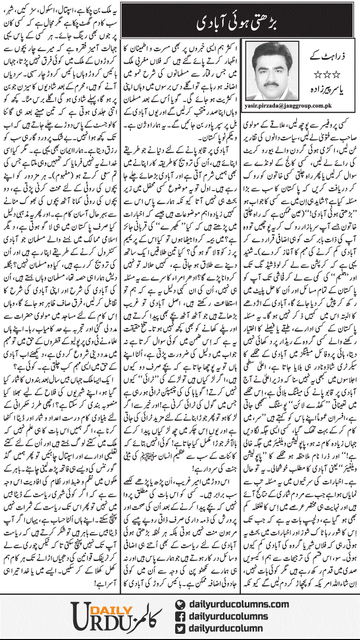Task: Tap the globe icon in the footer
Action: point(179,604)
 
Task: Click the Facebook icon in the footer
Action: point(179,617)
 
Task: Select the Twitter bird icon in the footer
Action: point(179,629)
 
